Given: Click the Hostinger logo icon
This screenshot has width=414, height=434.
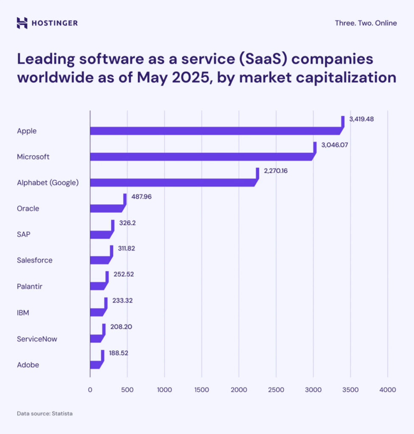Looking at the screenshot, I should tap(22, 23).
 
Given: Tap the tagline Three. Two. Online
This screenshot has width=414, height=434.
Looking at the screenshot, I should tap(366, 23).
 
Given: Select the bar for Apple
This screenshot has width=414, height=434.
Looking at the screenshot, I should tap(212, 131).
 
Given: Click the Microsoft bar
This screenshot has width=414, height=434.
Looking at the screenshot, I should tap(199, 156).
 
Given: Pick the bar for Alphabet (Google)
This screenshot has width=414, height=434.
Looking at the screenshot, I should tap(170, 183).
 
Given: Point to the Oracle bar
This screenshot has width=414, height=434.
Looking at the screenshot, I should tap(106, 208).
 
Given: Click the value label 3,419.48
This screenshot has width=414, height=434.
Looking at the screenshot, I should tap(361, 120).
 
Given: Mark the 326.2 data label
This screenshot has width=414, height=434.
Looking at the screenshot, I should tap(128, 223).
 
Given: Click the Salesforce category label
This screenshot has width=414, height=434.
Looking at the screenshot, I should tap(35, 260).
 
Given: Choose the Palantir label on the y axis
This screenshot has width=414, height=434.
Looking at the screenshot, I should tap(30, 287).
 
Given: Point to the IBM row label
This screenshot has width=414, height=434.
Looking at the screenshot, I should tap(23, 313).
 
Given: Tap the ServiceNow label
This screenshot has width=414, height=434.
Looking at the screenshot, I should tap(37, 339).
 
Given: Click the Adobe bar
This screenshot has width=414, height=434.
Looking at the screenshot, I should tap(95, 364).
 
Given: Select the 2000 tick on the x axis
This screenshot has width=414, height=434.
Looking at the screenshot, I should tap(239, 389).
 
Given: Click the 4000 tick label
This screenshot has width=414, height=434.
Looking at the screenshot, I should tap(387, 389).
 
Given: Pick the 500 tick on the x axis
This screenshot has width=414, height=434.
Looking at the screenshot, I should tap(127, 389).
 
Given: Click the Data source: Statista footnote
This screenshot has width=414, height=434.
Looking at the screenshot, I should tap(45, 413).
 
